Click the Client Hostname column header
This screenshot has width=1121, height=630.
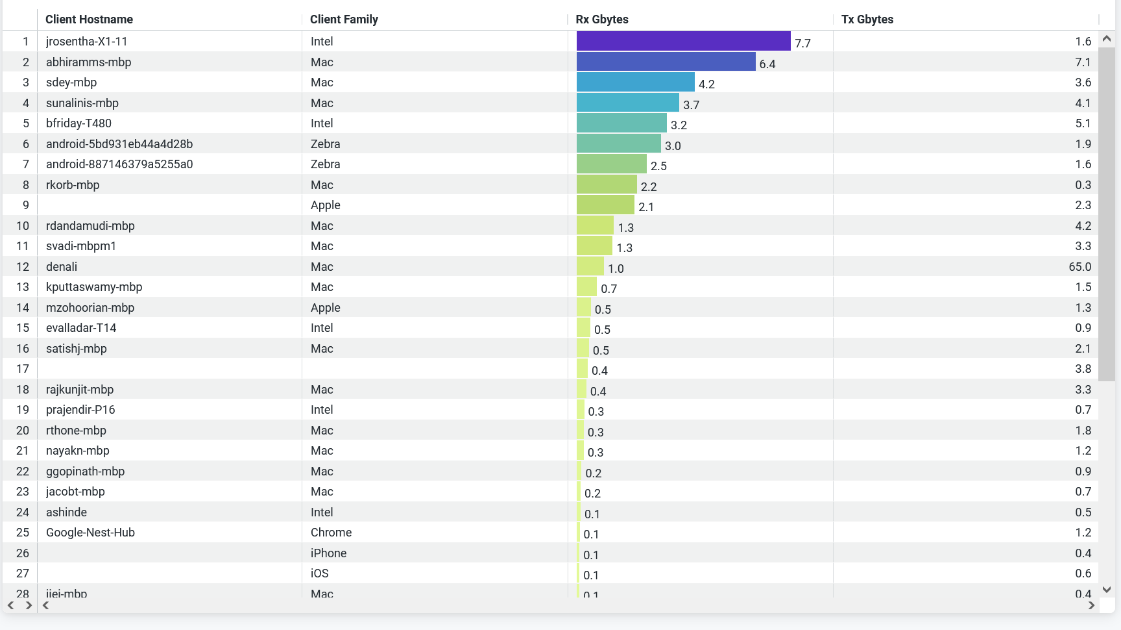coord(89,19)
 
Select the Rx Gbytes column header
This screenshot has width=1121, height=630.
coord(602,19)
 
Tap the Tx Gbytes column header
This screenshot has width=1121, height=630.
coord(867,19)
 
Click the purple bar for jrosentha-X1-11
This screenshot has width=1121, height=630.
coord(683,41)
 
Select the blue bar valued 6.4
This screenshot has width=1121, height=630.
coord(666,62)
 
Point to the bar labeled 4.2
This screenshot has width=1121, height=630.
coord(635,82)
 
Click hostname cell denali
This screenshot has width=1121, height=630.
coord(62,267)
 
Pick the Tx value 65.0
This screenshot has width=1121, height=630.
coord(1079,267)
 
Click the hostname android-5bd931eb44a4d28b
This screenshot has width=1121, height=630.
coord(119,144)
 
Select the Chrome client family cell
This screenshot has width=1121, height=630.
coord(331,533)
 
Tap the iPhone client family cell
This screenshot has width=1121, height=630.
coord(328,553)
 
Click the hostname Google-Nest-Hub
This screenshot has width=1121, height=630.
coord(90,533)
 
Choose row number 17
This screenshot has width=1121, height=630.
coord(23,369)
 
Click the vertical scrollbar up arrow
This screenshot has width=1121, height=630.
coord(1107,39)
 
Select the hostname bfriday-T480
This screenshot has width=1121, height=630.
coord(78,123)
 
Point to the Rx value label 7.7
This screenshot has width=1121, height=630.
coord(802,44)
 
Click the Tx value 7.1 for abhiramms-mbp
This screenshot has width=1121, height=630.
coord(1083,62)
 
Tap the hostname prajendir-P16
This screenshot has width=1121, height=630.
coord(80,410)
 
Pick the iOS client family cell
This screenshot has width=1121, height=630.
coord(319,573)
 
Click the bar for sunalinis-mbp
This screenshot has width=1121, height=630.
coord(627,103)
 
